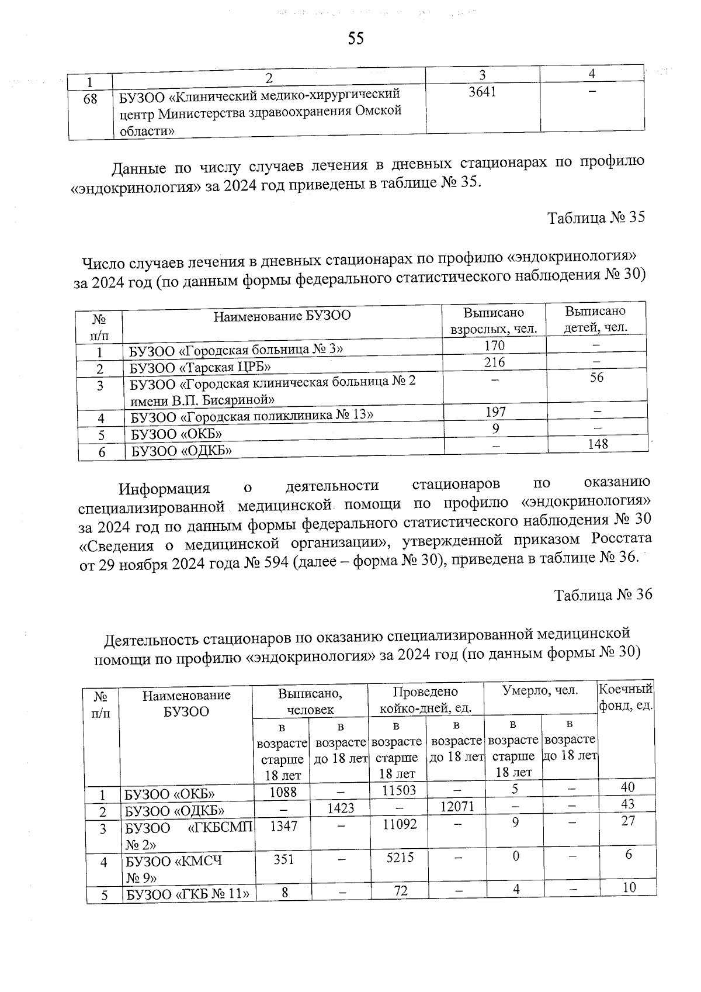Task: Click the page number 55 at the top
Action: click(355, 39)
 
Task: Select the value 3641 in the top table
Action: click(482, 92)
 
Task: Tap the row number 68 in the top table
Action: click(91, 99)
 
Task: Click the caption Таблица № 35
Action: click(596, 217)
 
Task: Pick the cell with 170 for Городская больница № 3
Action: click(494, 345)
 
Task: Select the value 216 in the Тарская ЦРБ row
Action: click(494, 362)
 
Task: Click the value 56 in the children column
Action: click(596, 378)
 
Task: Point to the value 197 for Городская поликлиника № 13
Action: click(495, 412)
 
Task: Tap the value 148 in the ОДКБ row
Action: click(598, 444)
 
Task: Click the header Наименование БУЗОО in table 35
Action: click(282, 316)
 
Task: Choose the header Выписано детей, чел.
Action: click(595, 319)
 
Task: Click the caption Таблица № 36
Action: click(603, 594)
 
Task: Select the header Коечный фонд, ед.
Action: click(626, 697)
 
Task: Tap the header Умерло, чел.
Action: click(540, 690)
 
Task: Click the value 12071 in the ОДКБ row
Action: click(456, 807)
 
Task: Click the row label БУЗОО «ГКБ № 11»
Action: click(188, 894)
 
